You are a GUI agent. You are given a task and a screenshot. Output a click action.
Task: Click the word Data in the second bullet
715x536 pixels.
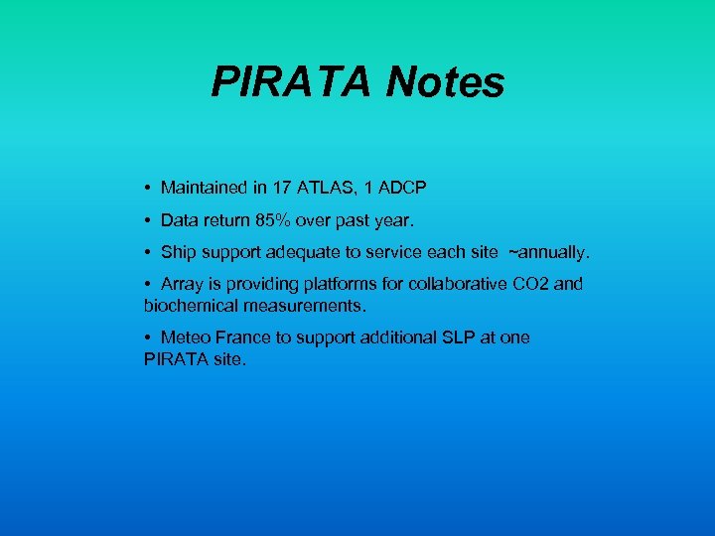(x=179, y=219)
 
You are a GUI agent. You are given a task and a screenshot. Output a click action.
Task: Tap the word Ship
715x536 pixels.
(x=179, y=252)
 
